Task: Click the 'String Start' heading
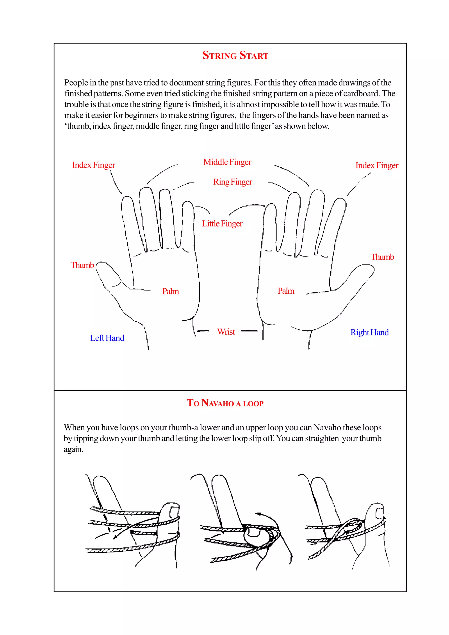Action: click(235, 55)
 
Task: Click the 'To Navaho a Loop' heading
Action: click(225, 403)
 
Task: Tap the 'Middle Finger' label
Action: click(227, 162)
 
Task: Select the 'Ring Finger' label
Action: click(232, 182)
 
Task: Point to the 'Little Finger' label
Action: click(222, 223)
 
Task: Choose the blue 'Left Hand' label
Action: click(107, 338)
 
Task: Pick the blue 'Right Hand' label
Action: click(369, 332)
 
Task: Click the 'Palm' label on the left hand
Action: click(170, 291)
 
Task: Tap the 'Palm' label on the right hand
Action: click(286, 291)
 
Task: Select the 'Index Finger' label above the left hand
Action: click(94, 165)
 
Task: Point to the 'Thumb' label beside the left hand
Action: click(82, 265)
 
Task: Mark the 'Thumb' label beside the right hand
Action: click(382, 257)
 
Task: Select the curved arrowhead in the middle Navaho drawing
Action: click(259, 514)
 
